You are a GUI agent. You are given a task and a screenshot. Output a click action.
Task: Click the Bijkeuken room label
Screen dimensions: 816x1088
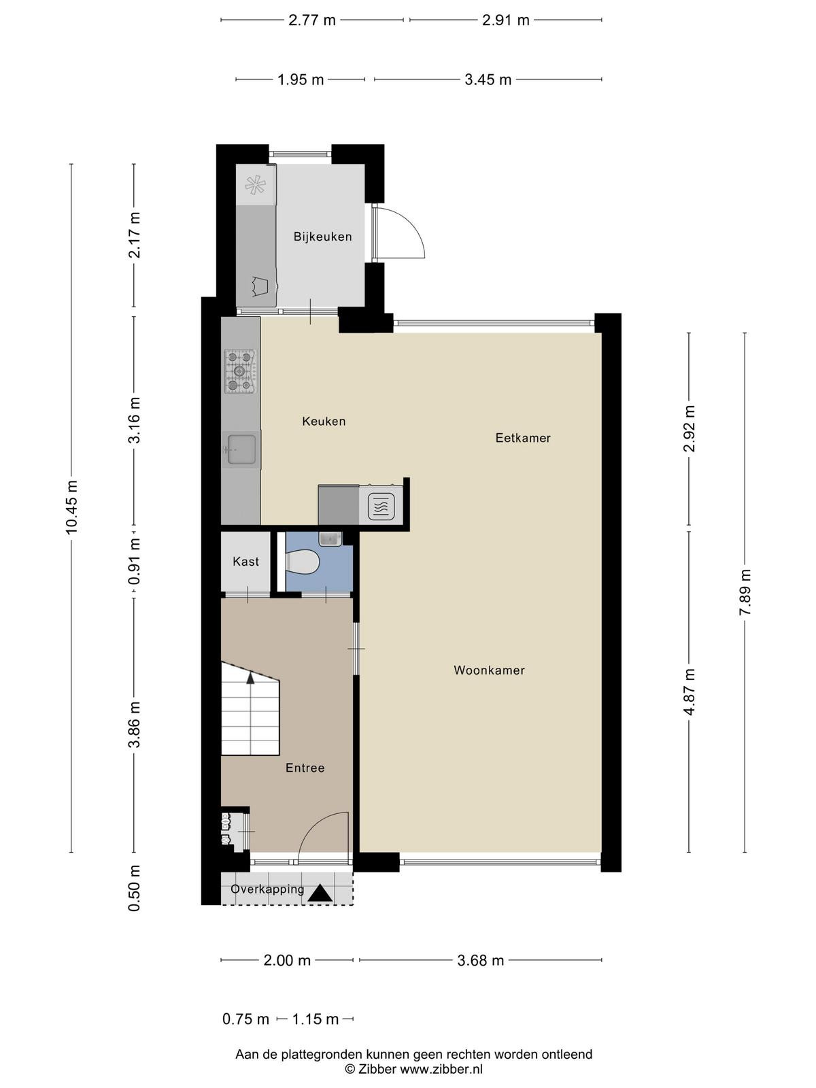322,237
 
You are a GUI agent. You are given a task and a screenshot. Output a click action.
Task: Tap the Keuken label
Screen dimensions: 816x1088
324,422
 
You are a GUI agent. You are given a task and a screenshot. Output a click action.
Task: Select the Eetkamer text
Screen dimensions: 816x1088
523,438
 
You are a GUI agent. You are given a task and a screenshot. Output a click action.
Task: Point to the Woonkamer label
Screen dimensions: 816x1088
489,670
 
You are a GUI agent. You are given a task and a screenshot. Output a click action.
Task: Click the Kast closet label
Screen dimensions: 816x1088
245,562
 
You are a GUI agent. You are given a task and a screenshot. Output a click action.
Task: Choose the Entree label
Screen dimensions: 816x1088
305,768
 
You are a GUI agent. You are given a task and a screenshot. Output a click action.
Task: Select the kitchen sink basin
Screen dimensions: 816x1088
241,450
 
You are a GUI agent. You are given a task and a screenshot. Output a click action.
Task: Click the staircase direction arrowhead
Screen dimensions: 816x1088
250,677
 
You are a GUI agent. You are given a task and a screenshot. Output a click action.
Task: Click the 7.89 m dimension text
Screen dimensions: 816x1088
745,592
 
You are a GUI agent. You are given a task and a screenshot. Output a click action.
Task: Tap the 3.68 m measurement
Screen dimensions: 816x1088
480,961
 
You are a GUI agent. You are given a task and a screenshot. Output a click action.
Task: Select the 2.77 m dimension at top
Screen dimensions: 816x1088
311,20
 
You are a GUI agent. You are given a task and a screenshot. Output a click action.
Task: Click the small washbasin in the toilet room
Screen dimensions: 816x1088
330,539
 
